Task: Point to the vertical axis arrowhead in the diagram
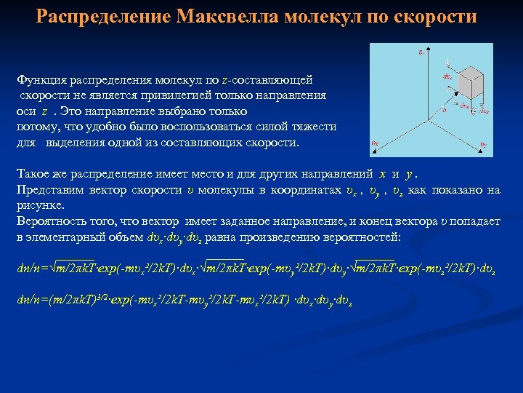(430, 48)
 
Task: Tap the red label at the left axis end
(375, 143)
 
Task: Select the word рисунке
(38, 206)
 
